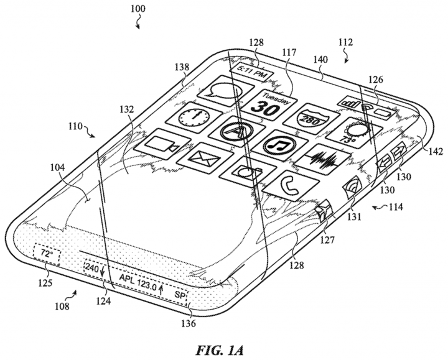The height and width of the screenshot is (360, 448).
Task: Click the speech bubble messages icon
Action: pos(223,92)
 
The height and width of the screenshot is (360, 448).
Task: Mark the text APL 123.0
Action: pos(136,288)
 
